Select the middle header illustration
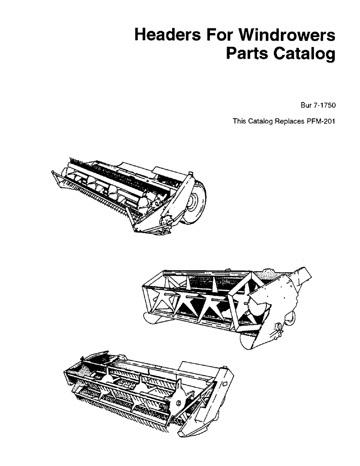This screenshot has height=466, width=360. tap(228, 303)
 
